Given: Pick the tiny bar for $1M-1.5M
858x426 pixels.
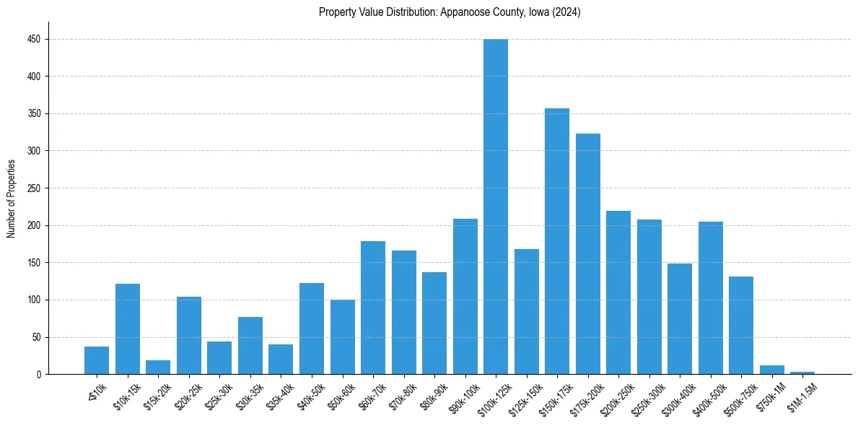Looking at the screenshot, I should tap(802, 373).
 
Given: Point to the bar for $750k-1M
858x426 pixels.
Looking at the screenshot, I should tap(771, 370).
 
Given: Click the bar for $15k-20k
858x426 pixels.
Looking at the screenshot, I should tap(158, 367).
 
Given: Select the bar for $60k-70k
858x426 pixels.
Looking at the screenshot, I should tap(373, 308).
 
